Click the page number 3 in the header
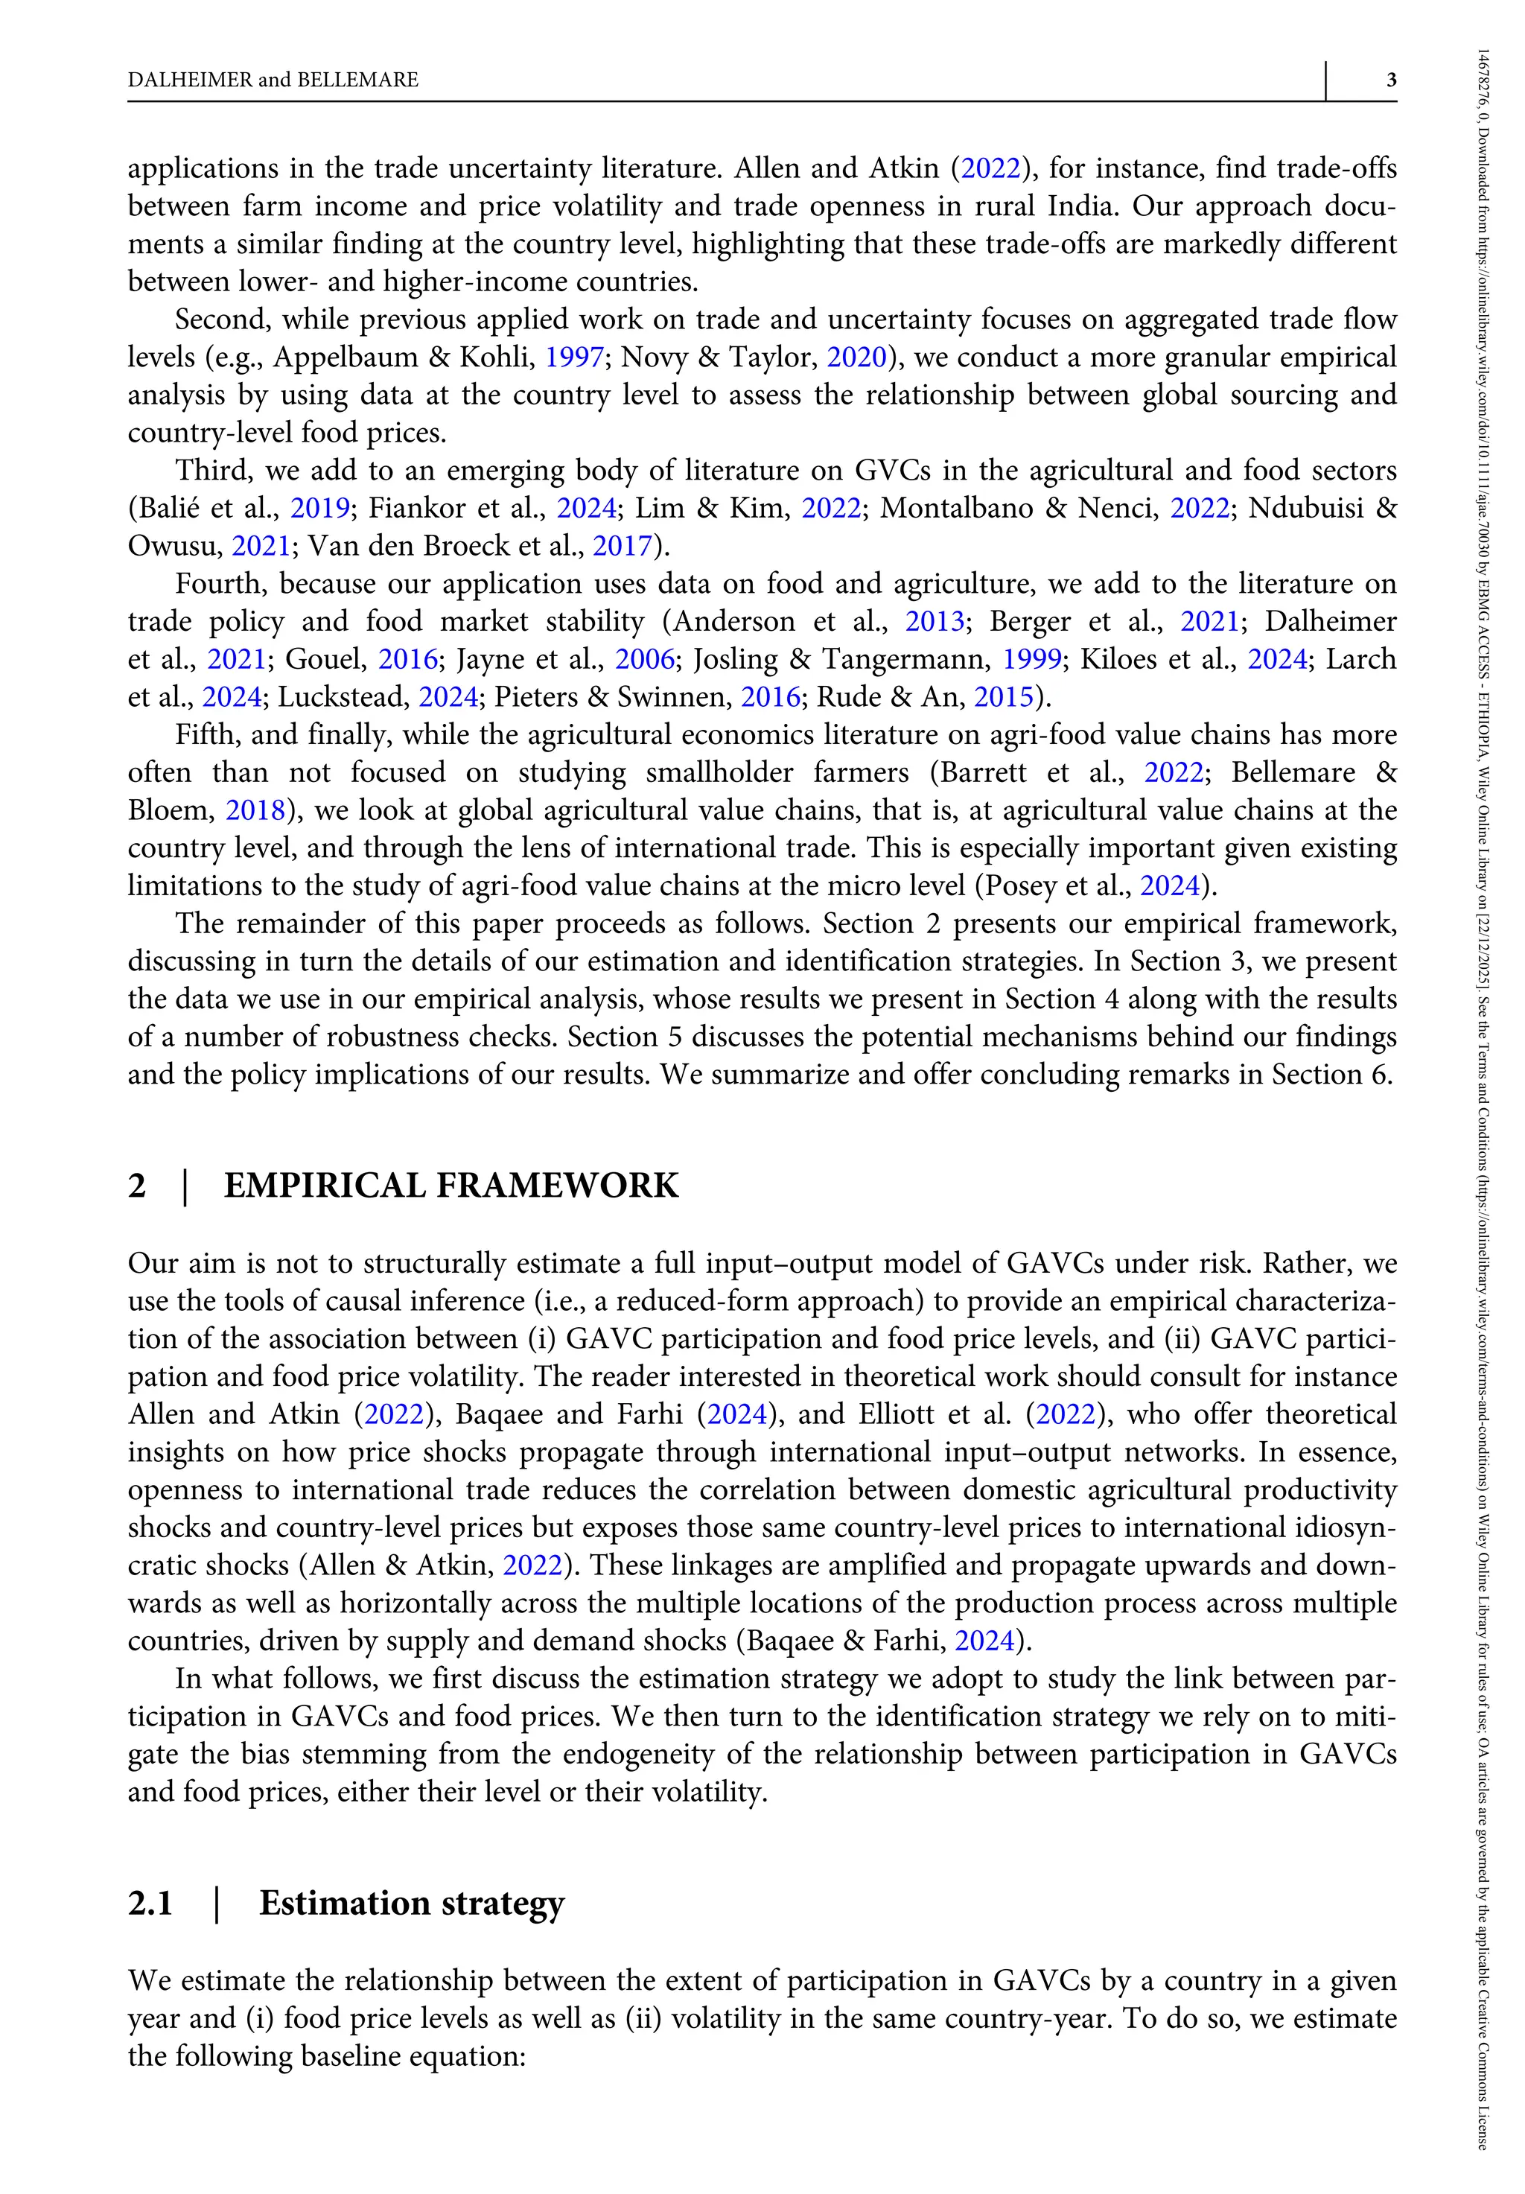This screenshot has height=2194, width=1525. coord(1391,80)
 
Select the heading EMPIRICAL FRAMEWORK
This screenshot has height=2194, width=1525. coord(451,1185)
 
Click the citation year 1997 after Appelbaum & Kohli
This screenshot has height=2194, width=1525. coord(574,357)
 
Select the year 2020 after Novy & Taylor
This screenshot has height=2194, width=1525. coord(856,357)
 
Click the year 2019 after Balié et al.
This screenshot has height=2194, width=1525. coord(320,509)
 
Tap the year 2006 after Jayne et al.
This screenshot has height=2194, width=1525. coord(645,659)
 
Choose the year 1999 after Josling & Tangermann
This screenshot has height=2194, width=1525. coord(1031,659)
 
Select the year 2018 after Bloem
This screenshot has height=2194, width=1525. coord(255,810)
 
